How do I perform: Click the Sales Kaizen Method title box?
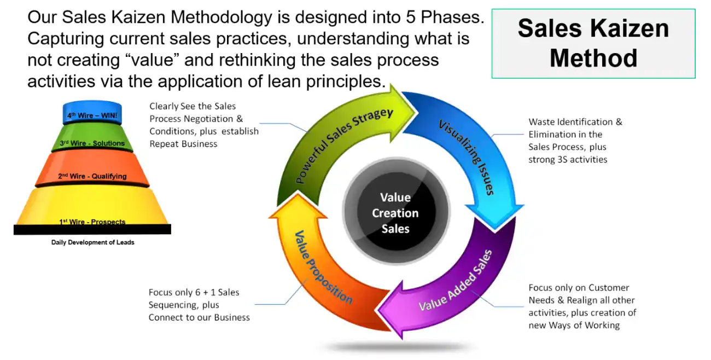click(593, 43)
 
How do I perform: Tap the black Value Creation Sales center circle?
click(395, 213)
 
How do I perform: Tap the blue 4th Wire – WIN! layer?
click(92, 115)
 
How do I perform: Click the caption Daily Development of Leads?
click(92, 242)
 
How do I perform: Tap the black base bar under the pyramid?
click(92, 230)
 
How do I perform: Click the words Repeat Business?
click(183, 144)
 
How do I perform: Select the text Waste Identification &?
click(575, 122)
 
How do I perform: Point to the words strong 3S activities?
click(568, 160)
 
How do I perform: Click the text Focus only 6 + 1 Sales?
click(194, 293)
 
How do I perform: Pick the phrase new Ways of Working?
click(574, 326)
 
